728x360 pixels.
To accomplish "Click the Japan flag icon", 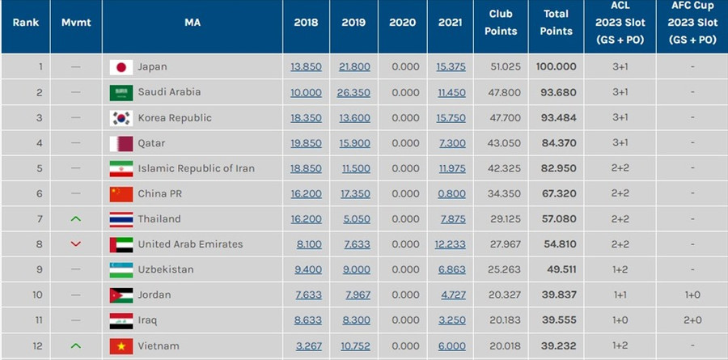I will click(121, 67).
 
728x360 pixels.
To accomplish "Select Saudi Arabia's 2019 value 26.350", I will click(353, 92).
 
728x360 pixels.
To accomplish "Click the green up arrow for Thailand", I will click(76, 218).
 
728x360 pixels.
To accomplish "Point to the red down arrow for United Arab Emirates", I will click(76, 244).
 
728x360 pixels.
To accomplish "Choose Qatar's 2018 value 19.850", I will click(306, 143).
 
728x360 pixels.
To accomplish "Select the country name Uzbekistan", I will click(167, 269).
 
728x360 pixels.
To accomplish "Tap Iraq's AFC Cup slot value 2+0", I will click(692, 320).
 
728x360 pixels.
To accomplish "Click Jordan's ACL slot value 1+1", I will click(620, 294).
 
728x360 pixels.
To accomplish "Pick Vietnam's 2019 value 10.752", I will click(353, 345).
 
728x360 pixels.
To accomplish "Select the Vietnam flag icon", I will click(121, 345).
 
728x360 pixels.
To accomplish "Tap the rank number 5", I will click(39, 168).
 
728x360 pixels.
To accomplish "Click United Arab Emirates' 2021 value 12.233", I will click(451, 244).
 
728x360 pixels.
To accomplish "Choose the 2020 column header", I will click(403, 23).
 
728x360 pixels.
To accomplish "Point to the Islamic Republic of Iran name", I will click(196, 168).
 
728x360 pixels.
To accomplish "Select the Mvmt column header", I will click(76, 23).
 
